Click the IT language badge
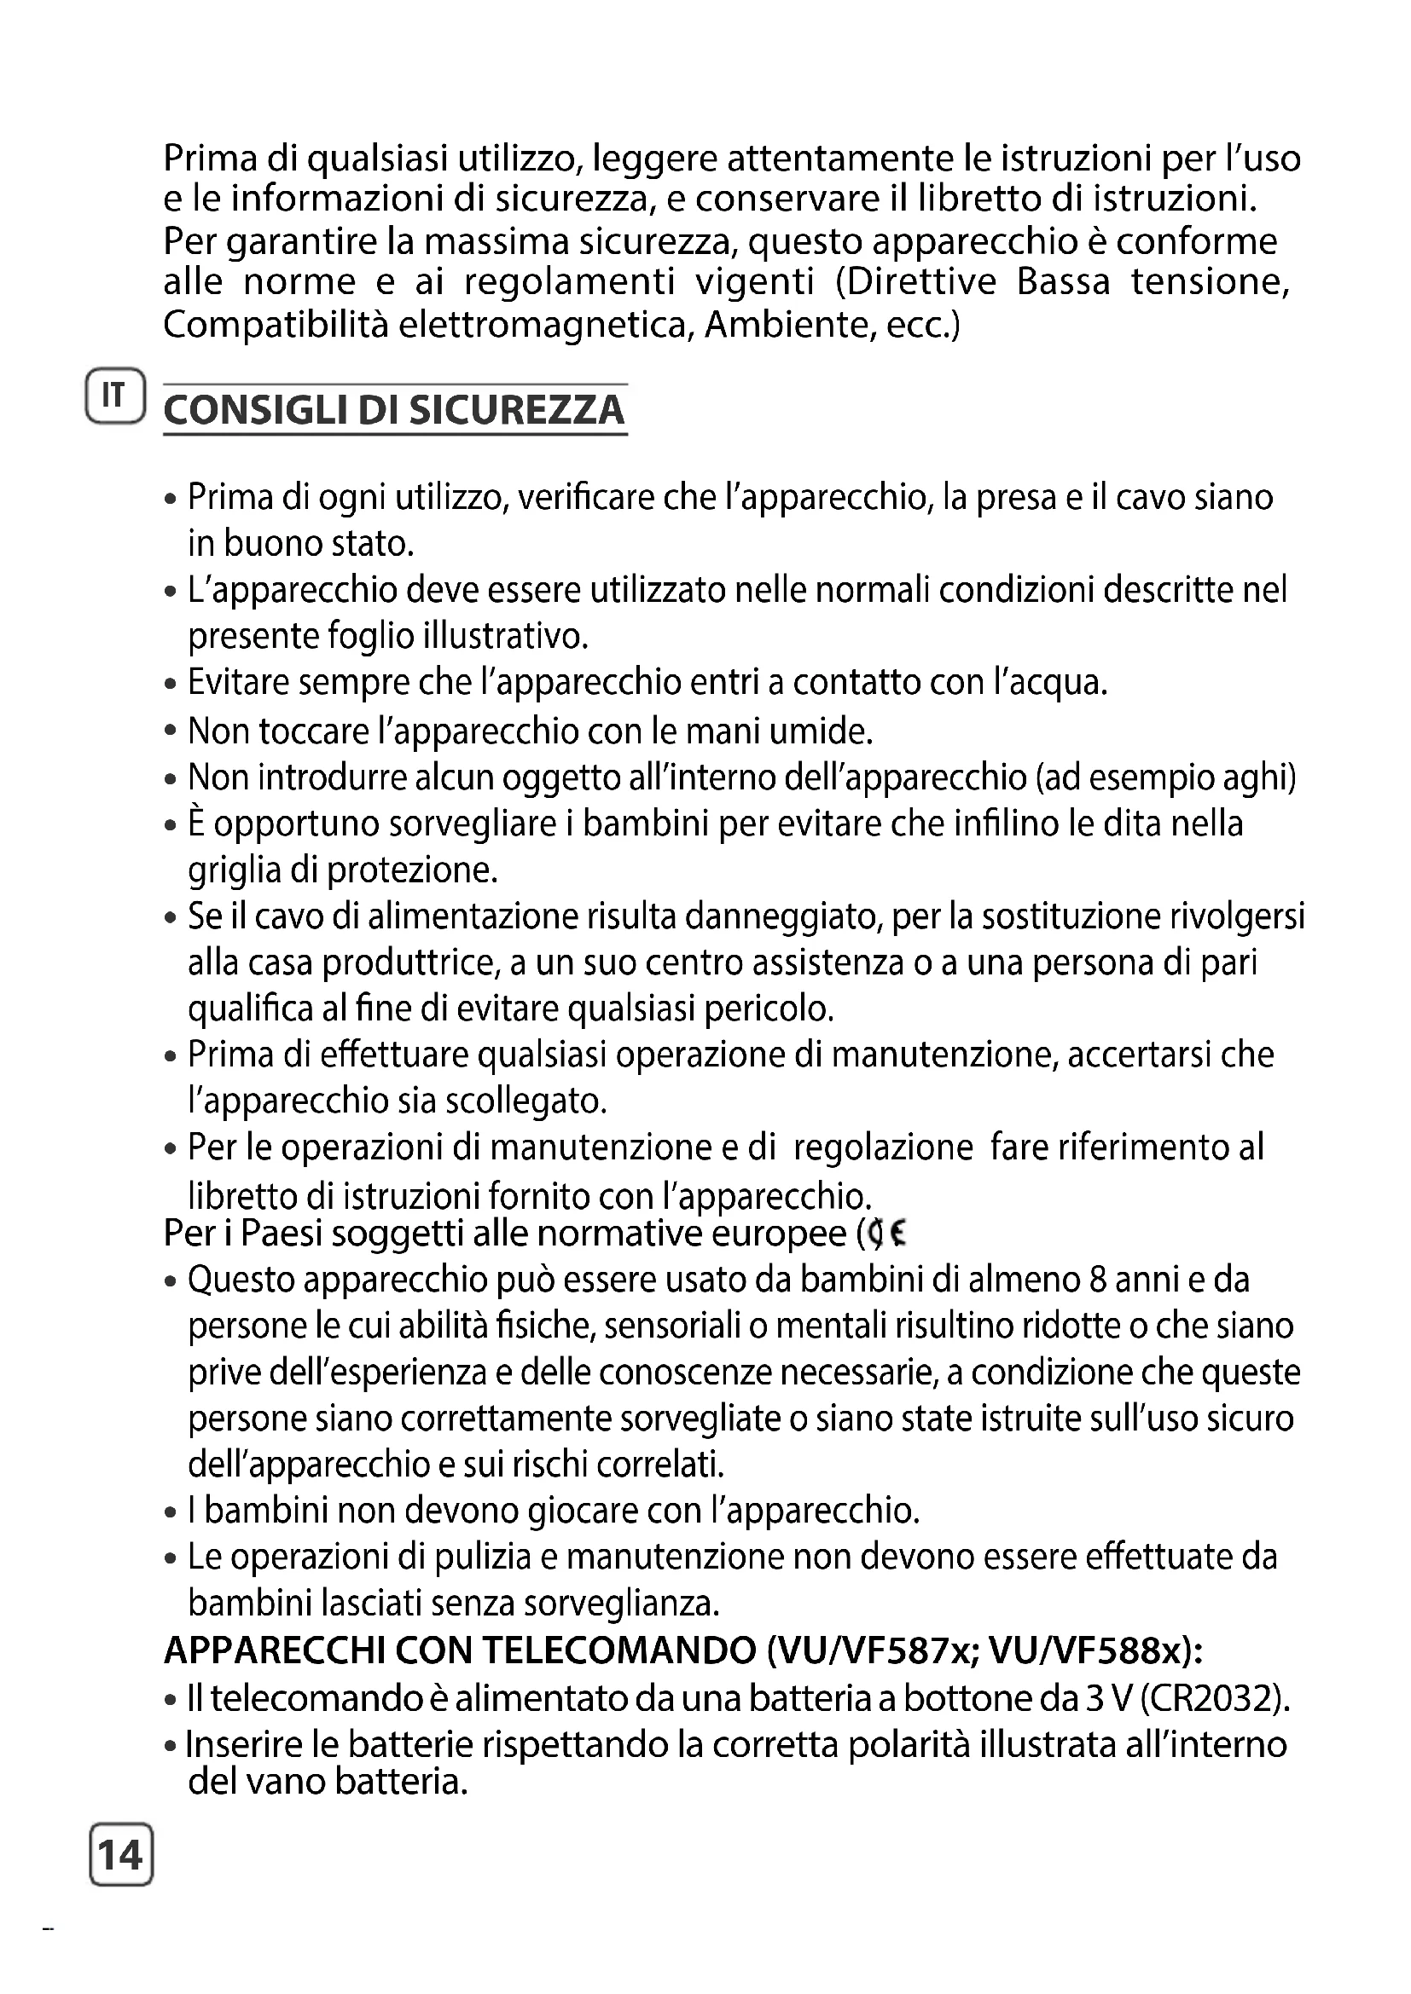point(114,396)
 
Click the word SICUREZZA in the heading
point(516,410)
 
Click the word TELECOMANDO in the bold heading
point(618,1651)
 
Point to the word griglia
point(235,870)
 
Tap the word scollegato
point(525,1101)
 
